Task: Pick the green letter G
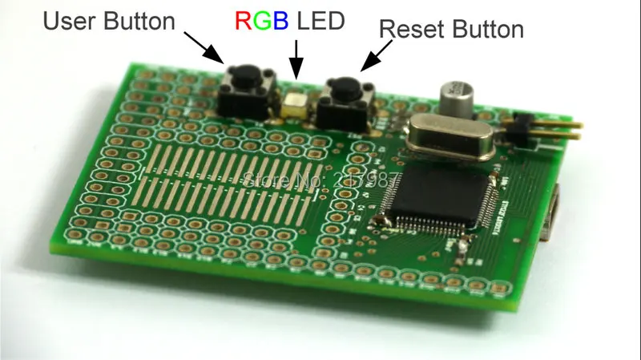tap(261, 20)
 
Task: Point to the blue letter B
tap(280, 20)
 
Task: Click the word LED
tap(320, 20)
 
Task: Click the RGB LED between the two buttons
tap(296, 103)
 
